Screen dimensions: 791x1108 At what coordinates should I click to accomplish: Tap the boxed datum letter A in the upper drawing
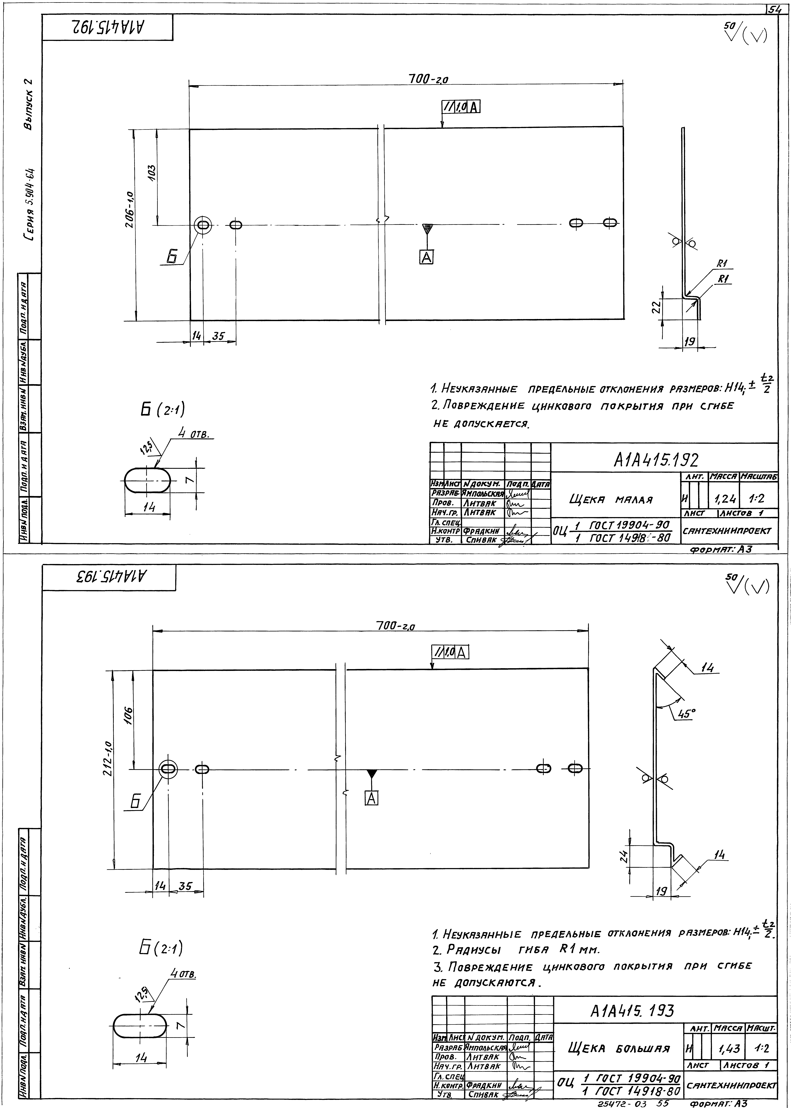click(426, 257)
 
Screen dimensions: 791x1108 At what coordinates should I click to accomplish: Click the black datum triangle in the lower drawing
click(372, 773)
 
